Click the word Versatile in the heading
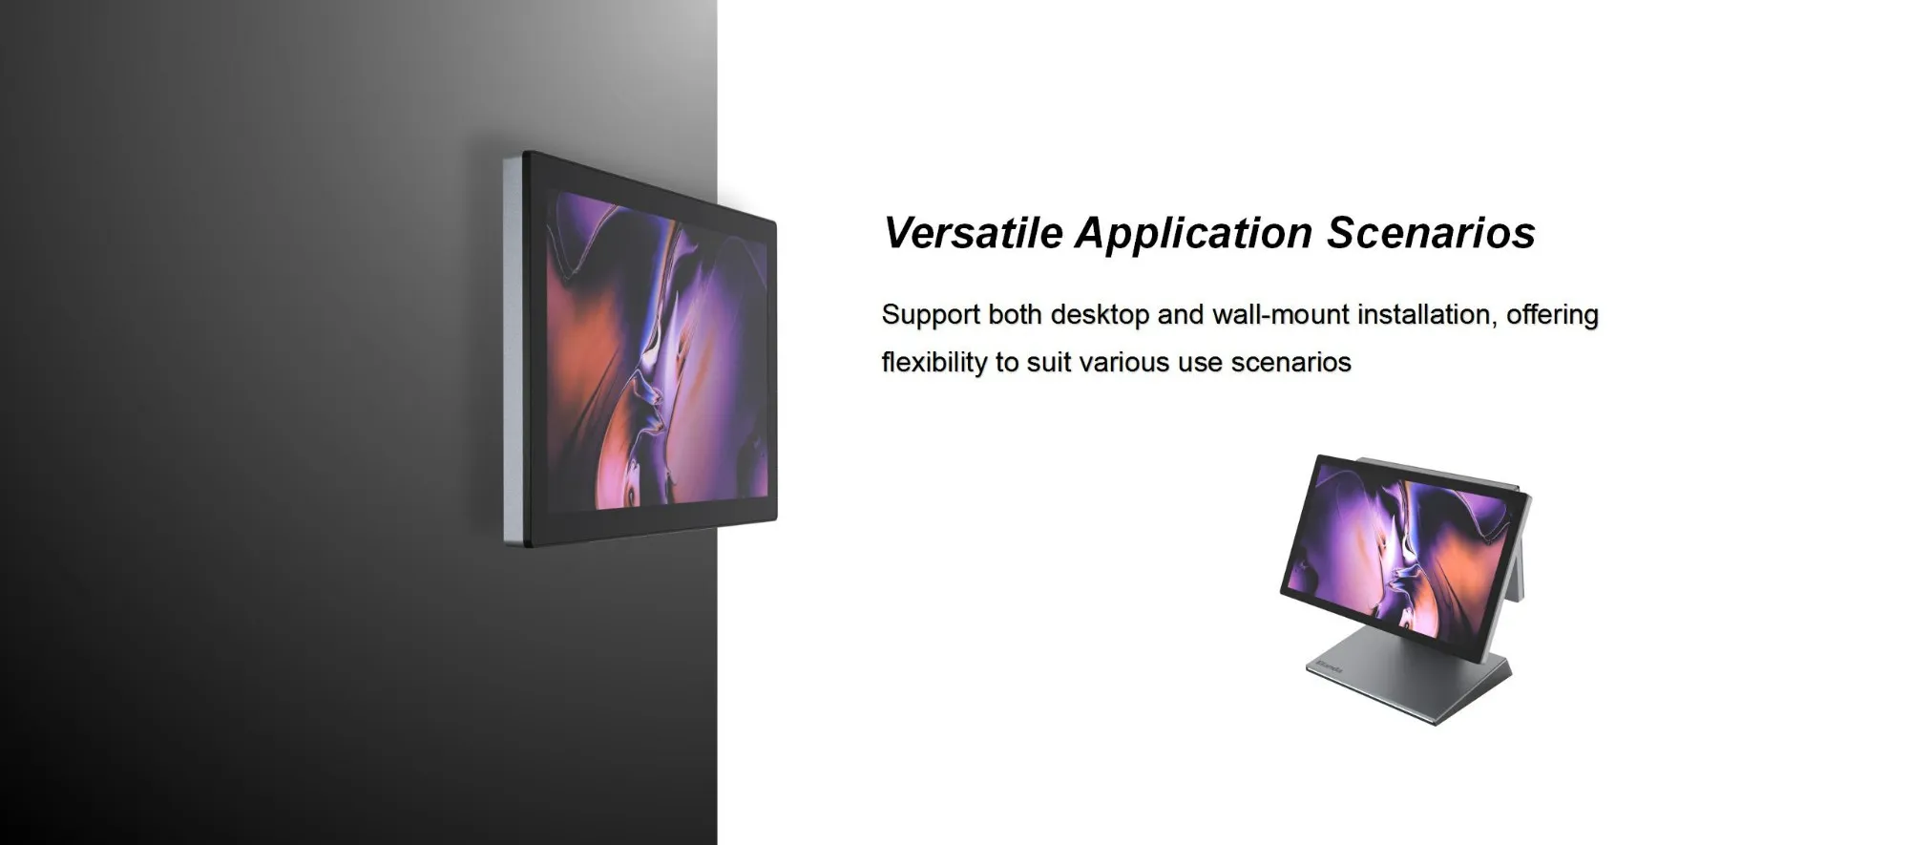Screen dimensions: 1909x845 pyautogui.click(x=973, y=233)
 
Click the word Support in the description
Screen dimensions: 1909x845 pyautogui.click(x=931, y=316)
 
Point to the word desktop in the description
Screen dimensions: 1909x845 pyautogui.click(x=1100, y=314)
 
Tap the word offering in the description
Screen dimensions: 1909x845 pyautogui.click(x=1552, y=315)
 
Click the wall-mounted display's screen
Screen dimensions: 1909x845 pyautogui.click(x=658, y=349)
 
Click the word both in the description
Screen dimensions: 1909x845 pyautogui.click(x=1015, y=314)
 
